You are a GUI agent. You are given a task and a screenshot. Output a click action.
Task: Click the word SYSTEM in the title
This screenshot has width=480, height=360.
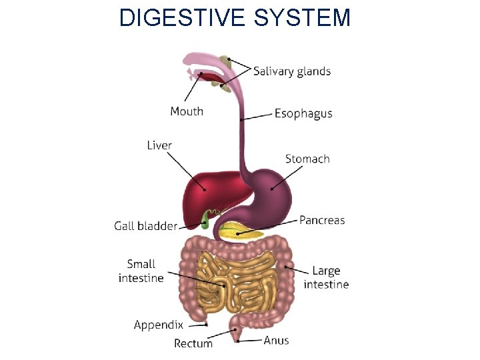click(x=302, y=18)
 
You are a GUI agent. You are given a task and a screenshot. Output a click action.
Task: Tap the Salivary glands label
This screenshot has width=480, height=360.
click(x=292, y=71)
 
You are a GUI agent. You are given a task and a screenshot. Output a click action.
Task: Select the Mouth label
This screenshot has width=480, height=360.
click(x=187, y=111)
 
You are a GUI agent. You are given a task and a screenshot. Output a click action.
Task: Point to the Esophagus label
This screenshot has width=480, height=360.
click(x=303, y=113)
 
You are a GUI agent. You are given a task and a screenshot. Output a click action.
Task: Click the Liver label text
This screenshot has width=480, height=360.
click(x=159, y=145)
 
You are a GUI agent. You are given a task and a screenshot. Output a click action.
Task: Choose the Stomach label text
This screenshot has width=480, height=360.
click(x=307, y=159)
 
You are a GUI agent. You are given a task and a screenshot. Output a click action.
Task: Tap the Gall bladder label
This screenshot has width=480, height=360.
click(x=145, y=226)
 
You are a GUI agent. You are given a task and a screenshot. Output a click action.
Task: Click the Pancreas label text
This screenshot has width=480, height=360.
click(x=322, y=220)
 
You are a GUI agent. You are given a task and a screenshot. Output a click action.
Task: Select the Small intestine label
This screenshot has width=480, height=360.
click(x=141, y=271)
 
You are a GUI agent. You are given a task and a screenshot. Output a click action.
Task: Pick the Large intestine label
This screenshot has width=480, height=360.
click(x=326, y=277)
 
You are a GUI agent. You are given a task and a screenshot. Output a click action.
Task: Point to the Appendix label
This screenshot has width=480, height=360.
click(x=158, y=325)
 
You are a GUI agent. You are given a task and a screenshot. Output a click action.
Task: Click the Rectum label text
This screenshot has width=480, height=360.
click(x=193, y=343)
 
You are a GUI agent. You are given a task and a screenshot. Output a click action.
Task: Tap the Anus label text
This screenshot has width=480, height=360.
click(x=276, y=341)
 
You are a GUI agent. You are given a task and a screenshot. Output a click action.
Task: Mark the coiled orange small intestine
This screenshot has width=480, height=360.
click(x=237, y=280)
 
